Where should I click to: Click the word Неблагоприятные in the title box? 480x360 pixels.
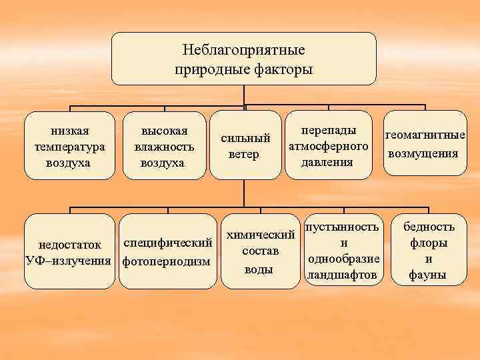click(243, 50)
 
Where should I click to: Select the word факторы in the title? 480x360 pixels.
click(280, 69)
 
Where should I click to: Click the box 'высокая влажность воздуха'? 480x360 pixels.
click(164, 145)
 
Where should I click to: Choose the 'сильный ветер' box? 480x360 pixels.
click(245, 145)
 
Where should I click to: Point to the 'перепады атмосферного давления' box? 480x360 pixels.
click(327, 145)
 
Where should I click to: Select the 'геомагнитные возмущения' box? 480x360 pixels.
click(425, 143)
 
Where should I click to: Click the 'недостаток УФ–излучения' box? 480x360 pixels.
click(69, 251)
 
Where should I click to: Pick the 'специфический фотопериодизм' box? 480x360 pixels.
click(168, 251)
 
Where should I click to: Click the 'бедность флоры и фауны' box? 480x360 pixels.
click(429, 251)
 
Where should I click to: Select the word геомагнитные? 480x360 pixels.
click(425, 136)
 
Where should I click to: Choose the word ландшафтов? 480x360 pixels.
click(341, 275)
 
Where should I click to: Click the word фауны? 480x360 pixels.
click(429, 275)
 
